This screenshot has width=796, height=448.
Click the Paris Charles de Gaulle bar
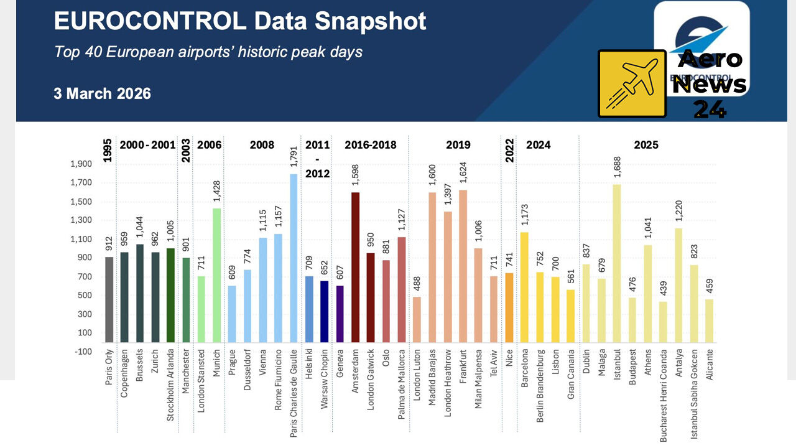pos(294,258)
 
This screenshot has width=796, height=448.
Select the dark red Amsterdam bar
pos(356,268)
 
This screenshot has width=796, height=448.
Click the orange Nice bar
pos(510,307)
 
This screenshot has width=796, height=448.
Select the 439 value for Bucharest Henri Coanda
pos(662,286)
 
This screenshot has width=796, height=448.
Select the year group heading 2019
pos(458,145)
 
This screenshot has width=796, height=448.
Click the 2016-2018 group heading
pos(371,145)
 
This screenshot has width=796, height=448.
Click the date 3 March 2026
pos(102,93)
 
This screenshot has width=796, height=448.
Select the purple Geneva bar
pos(340,314)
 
